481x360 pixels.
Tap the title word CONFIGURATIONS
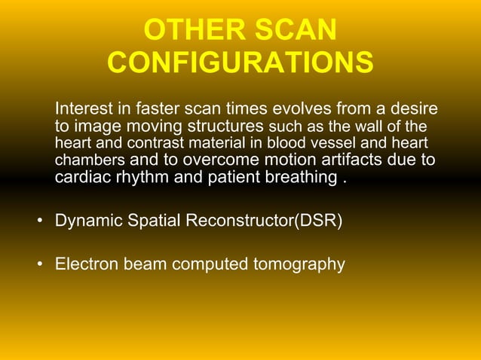(x=240, y=63)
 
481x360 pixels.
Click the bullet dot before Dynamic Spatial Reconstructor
(x=38, y=223)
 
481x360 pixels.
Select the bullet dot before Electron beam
(x=38, y=265)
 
